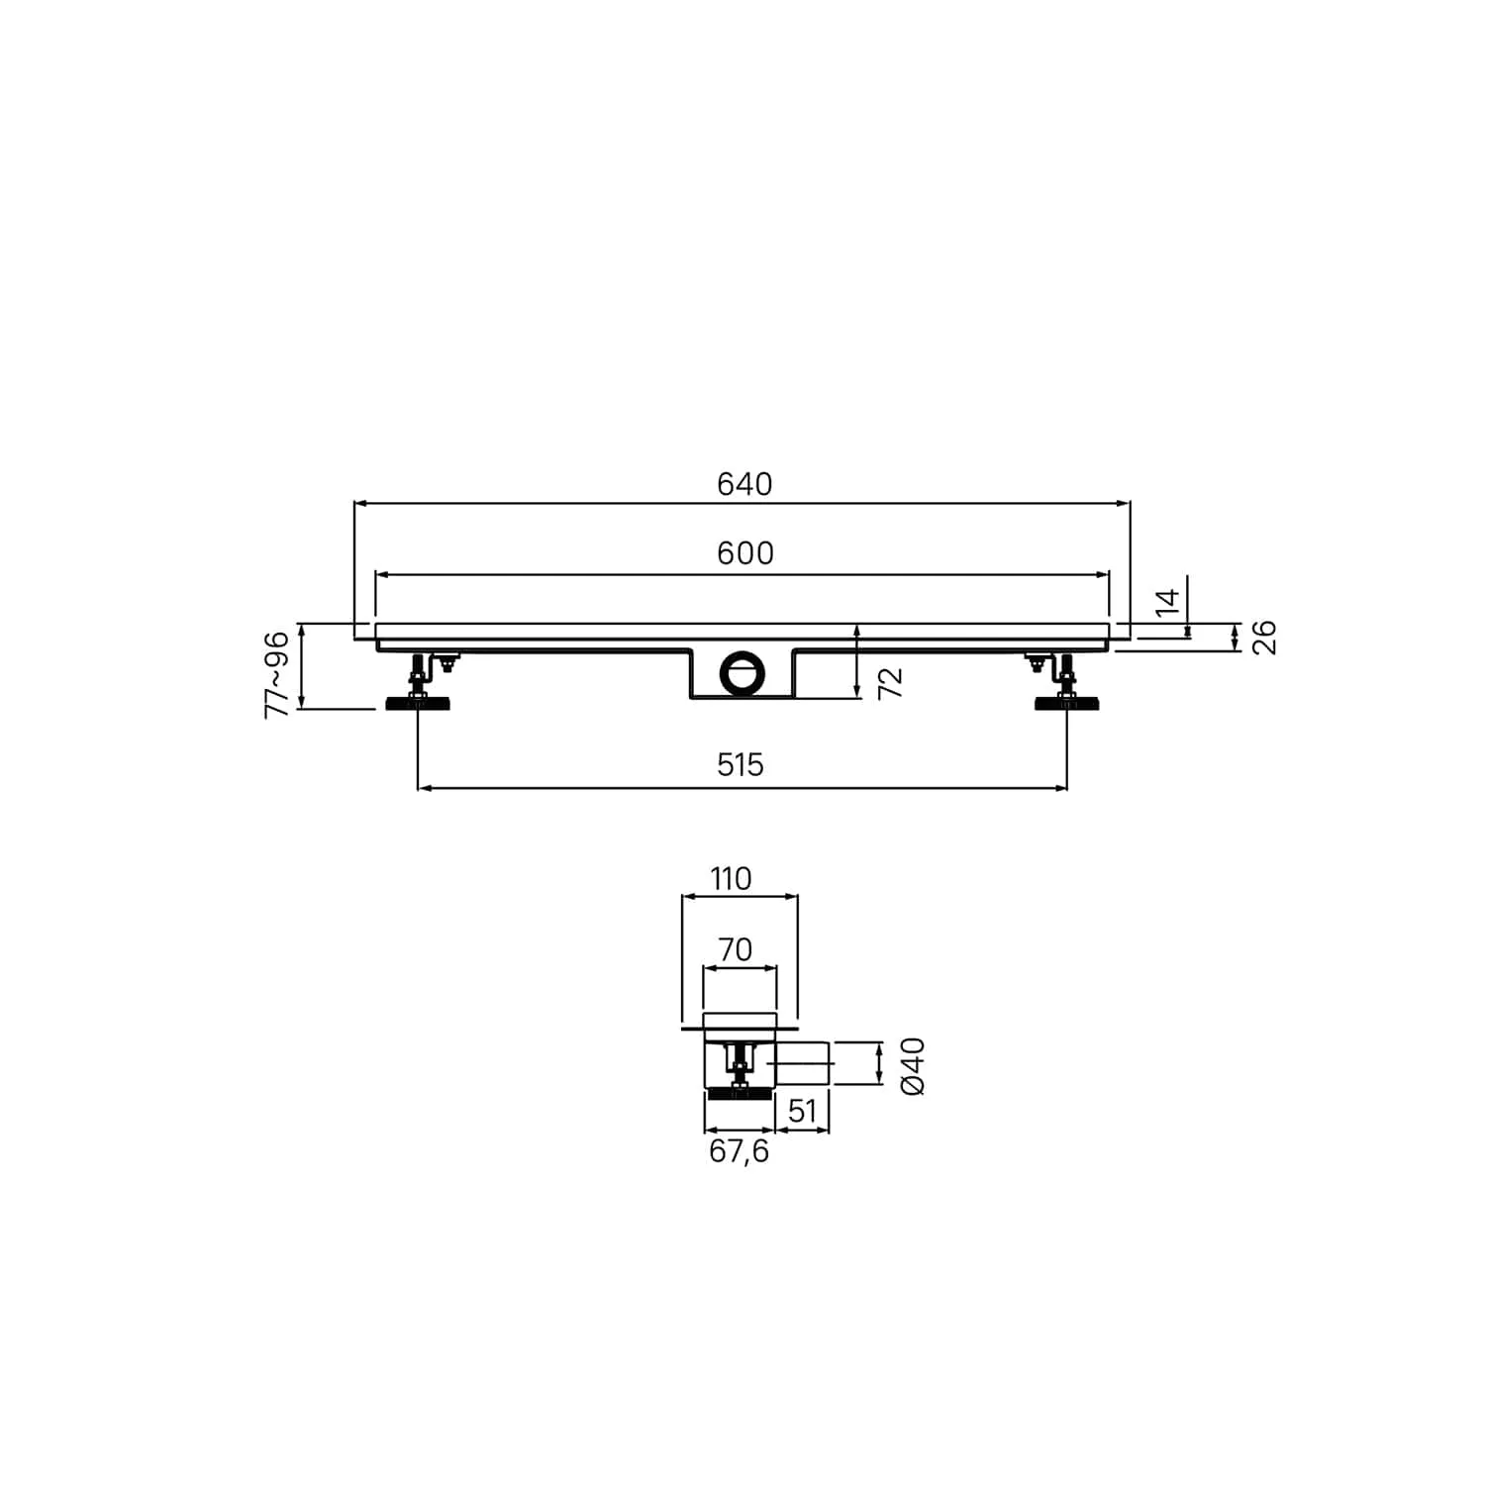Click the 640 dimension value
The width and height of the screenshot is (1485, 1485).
coord(744,484)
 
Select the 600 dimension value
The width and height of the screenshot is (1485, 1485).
coord(745,553)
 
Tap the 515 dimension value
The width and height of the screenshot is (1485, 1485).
coord(741,764)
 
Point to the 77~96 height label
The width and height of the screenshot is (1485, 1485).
coord(277,673)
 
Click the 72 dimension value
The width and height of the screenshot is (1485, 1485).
coord(891,682)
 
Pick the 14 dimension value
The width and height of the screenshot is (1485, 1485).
coord(1168,602)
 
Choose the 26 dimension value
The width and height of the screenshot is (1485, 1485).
coord(1264,638)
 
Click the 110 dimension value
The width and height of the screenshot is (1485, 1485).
coord(731,878)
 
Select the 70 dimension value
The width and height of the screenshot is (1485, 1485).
coord(736,949)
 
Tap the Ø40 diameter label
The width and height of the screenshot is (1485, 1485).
coord(913,1065)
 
